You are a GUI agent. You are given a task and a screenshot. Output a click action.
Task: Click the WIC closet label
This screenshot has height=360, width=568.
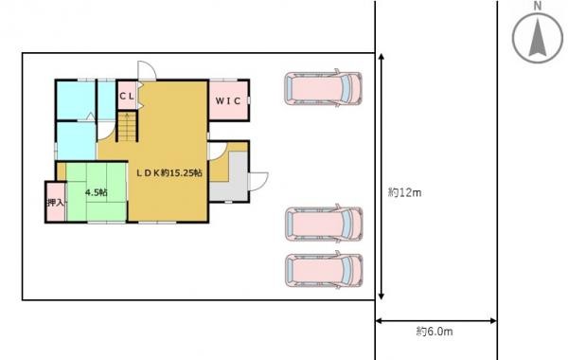tap(228, 100)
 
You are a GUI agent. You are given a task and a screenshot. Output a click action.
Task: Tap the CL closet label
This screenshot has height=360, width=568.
tap(127, 96)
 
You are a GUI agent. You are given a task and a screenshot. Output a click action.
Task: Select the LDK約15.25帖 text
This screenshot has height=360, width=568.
tap(169, 173)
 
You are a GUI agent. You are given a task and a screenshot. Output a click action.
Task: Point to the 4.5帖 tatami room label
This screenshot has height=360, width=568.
tap(97, 192)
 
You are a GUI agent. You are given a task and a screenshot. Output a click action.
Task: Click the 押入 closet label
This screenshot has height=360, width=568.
tap(56, 203)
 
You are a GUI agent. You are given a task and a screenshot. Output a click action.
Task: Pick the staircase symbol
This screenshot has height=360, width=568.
tap(127, 127)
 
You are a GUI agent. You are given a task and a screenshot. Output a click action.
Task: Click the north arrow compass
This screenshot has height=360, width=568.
tap(538, 38)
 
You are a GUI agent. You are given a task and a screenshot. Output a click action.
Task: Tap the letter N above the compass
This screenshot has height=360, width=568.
tap(538, 7)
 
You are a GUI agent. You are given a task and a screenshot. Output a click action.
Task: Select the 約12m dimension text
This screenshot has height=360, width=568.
tap(404, 192)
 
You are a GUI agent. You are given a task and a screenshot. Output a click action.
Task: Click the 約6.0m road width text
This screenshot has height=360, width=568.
tap(435, 332)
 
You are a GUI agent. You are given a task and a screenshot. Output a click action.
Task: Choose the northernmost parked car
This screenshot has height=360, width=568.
tap(323, 88)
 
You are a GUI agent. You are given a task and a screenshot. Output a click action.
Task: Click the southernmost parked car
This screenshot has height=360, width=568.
tap(324, 270)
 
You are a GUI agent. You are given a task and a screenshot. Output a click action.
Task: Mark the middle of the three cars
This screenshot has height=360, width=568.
tap(324, 223)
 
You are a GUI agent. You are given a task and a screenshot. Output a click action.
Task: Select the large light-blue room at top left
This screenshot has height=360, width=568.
tap(76, 100)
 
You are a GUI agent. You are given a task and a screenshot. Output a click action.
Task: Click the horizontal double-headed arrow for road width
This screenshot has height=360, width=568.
tap(435, 321)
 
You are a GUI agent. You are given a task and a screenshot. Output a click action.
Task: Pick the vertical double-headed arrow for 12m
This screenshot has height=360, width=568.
tap(381, 176)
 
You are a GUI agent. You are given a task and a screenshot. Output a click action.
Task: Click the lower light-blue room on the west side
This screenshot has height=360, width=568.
tap(77, 140)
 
